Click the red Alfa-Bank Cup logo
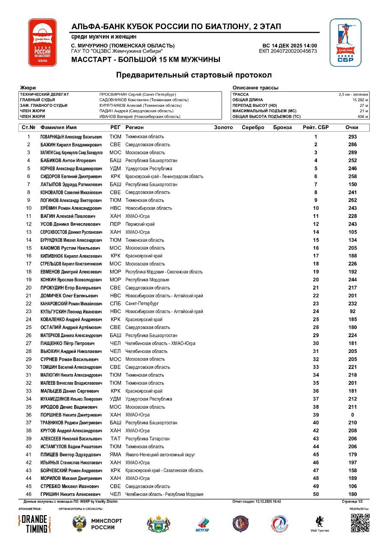pos(42,42)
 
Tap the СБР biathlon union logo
pos(346,42)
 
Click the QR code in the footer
pos(360,523)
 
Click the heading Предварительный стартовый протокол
pos(194,75)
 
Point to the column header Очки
pos(352,127)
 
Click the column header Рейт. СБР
pos(316,127)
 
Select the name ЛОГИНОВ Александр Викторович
pos(71,200)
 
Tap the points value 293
pos(352,137)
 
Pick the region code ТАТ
pos(115,439)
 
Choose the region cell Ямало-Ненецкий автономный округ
pos(160,455)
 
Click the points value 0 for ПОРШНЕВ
pos(352,415)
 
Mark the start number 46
pos(29,495)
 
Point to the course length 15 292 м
pos(359,100)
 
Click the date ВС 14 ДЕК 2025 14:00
pos(289,45)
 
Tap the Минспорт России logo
pos(97,524)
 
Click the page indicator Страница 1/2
pos(352,501)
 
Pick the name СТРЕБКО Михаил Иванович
pos(69,486)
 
